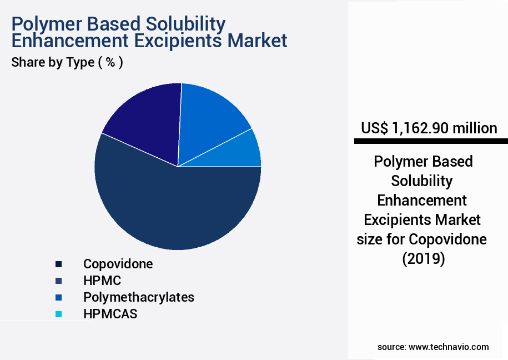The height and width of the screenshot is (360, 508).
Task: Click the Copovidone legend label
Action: [118, 264]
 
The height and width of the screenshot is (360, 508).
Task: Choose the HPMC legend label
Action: [102, 281]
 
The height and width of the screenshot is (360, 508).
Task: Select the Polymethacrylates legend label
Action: [139, 297]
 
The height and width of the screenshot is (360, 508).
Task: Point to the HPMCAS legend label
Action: [110, 314]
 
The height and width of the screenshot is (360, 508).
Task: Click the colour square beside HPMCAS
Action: [58, 314]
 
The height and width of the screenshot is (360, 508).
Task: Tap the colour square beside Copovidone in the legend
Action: [58, 264]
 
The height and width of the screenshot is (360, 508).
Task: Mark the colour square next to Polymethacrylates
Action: [58, 298]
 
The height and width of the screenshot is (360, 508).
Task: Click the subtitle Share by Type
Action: [53, 62]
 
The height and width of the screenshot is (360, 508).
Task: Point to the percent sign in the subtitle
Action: [110, 62]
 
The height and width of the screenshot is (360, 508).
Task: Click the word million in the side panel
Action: [474, 128]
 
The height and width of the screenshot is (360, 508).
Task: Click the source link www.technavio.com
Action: [449, 347]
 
